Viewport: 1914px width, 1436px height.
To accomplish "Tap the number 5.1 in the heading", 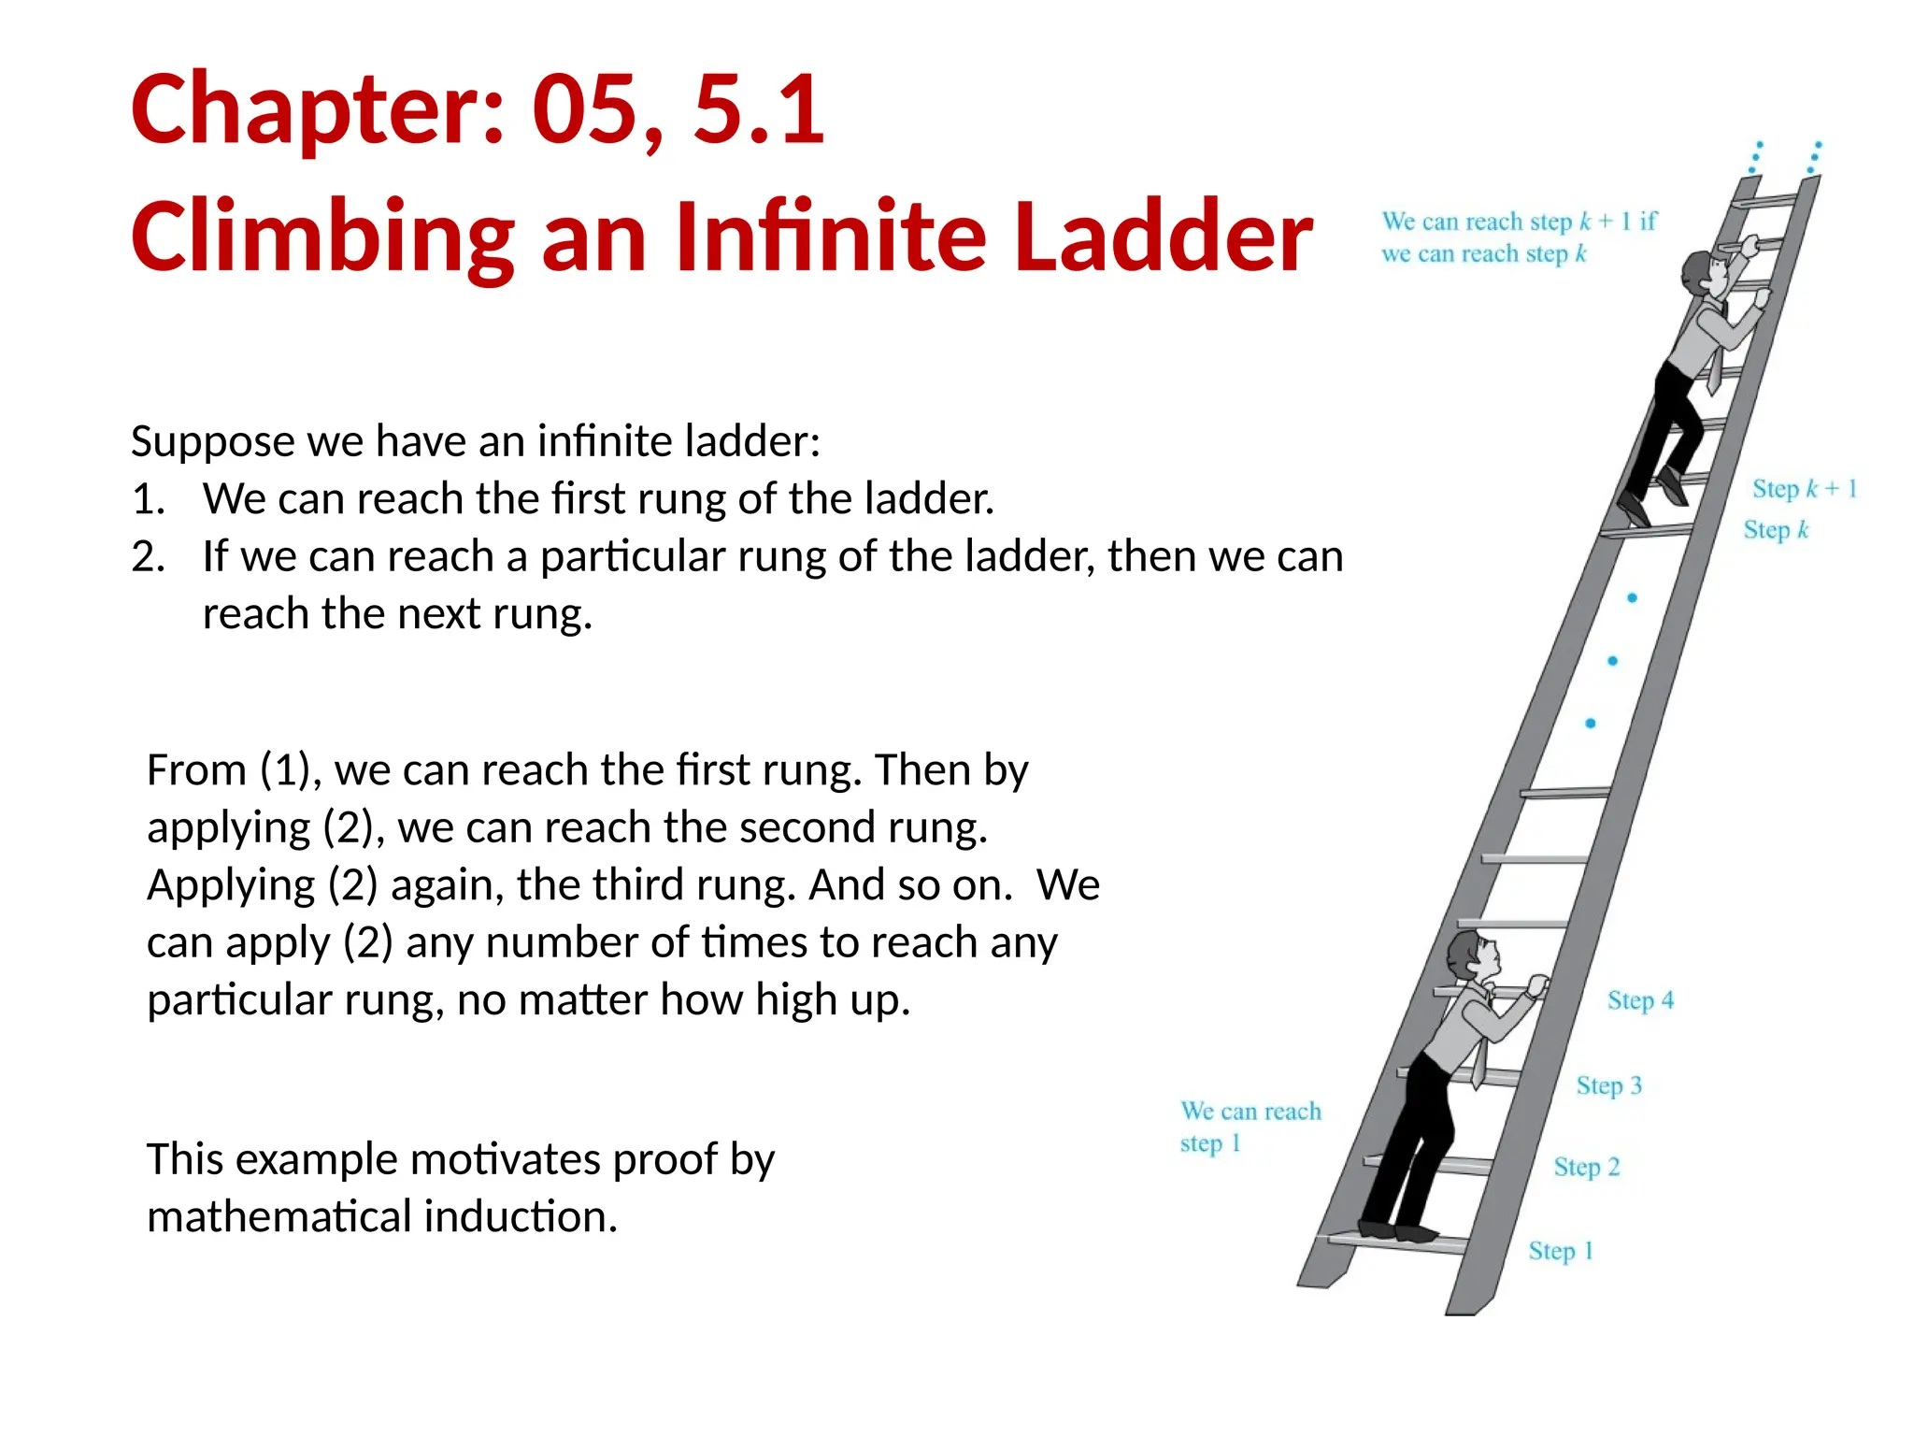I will [759, 110].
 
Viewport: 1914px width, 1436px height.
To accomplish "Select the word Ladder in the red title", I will [1163, 237].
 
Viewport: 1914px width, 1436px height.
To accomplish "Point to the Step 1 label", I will [1560, 1251].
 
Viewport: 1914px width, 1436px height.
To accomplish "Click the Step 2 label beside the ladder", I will [1586, 1167].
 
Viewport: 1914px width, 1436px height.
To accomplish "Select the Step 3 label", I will [1608, 1085].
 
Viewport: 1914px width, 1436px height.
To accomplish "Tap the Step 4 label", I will [1640, 1000].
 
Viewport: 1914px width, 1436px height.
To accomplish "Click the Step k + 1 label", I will [1804, 488].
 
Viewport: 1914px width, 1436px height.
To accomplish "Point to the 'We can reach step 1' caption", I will [1250, 1127].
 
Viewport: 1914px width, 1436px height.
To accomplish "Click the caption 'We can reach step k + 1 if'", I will [1518, 222].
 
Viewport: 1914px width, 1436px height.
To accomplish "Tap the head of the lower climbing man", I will [1475, 957].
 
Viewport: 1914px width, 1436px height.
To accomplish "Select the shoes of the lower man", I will [1398, 1232].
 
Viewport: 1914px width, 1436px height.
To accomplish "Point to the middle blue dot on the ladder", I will [1612, 661].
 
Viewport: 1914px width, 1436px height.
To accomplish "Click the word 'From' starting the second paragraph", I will [196, 770].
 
